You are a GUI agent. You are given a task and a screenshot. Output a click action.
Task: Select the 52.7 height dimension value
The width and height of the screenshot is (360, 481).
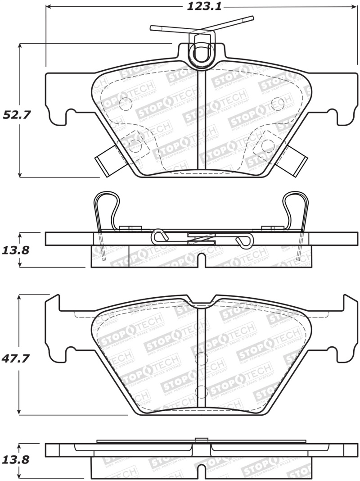tap(17, 114)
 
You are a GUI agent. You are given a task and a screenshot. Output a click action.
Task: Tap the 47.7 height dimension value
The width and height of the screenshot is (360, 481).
tap(17, 359)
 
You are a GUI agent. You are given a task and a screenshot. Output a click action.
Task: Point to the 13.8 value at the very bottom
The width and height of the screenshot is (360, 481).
tap(17, 460)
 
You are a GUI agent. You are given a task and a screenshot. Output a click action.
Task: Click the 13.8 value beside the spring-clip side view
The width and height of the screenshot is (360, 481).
tap(17, 250)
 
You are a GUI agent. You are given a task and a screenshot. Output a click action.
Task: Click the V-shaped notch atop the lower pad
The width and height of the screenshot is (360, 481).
tap(202, 301)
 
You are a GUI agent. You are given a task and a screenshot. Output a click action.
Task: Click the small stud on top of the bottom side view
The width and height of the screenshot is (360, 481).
tap(201, 439)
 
